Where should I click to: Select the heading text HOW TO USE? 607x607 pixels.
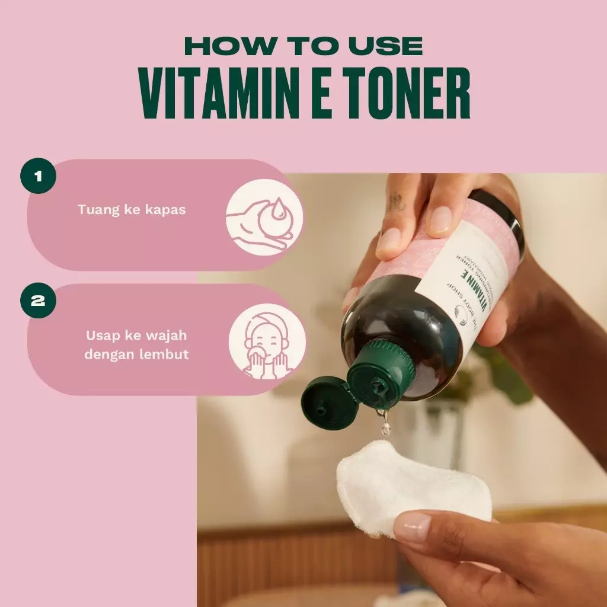303,46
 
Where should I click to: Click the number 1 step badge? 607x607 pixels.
38,175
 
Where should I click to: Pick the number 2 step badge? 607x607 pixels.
38,301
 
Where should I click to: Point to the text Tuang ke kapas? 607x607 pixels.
132,209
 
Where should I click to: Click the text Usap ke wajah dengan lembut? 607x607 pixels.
135,344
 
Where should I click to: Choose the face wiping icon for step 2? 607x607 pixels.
267,342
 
